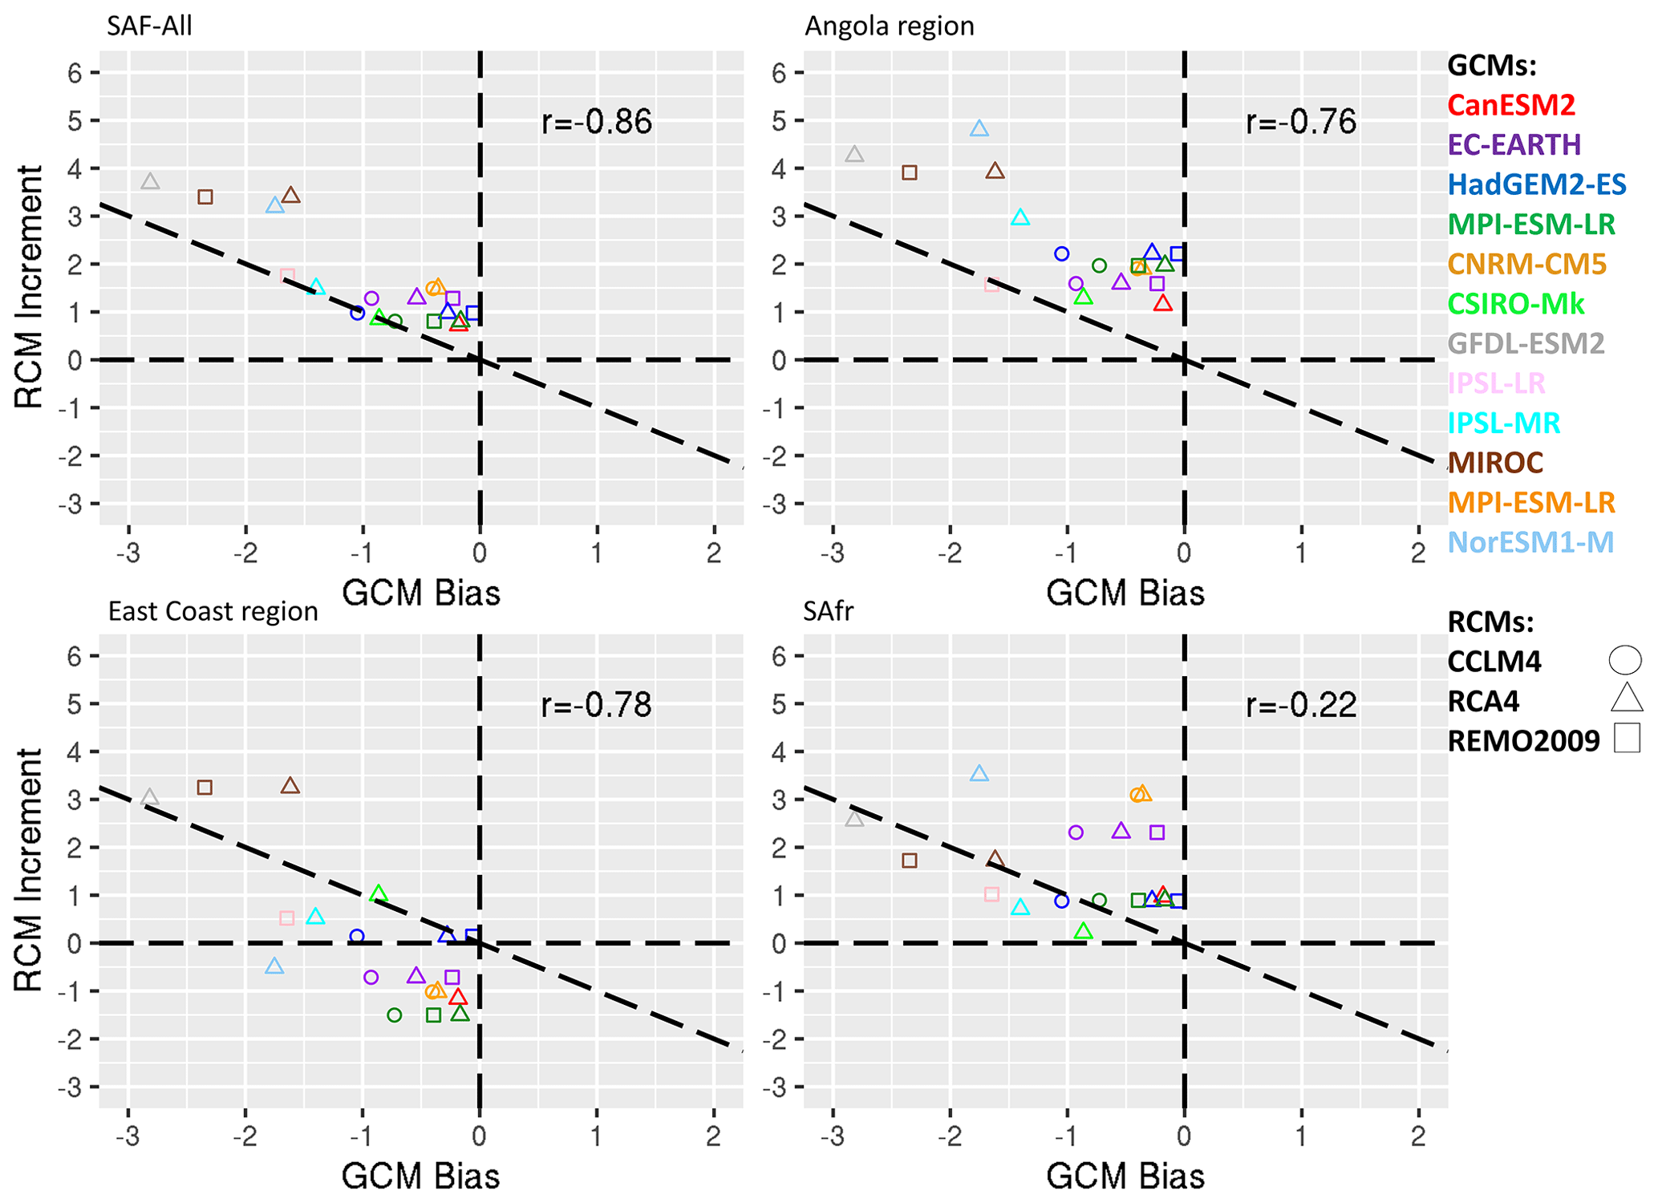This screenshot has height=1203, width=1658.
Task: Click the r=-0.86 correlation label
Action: click(596, 122)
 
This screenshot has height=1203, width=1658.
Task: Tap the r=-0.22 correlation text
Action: click(1300, 705)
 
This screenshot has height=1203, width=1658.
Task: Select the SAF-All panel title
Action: click(149, 26)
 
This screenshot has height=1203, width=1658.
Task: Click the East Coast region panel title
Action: click(213, 611)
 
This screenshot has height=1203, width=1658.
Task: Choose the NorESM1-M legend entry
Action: click(1530, 542)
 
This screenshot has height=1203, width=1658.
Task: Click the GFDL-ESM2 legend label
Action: click(1525, 343)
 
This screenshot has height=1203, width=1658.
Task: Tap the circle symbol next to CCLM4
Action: click(1624, 660)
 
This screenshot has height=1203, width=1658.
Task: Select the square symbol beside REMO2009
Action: click(1627, 738)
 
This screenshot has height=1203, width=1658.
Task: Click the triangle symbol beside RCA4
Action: click(1626, 699)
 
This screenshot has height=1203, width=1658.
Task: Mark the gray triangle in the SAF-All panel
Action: click(150, 182)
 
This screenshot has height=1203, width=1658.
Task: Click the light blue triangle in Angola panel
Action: click(979, 128)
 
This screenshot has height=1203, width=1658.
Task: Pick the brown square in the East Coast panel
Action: click(205, 788)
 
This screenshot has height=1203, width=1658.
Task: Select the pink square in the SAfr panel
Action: click(991, 894)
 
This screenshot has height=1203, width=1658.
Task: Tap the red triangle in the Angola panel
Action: click(1162, 303)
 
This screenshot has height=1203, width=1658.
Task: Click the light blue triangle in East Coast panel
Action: click(274, 966)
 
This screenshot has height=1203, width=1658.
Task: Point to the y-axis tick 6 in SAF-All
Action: click(75, 73)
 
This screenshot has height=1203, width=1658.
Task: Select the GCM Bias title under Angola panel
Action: click(1125, 593)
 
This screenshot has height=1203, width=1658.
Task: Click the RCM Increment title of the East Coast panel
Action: click(29, 870)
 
